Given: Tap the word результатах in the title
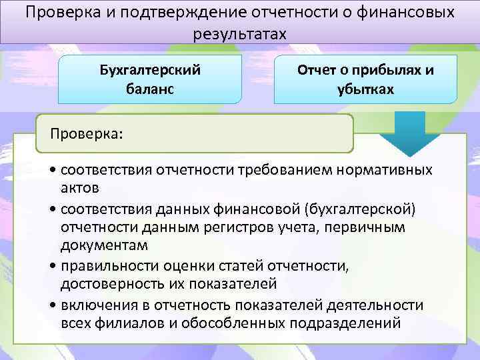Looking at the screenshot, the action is (x=239, y=34).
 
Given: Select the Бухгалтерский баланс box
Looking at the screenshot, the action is (x=150, y=79).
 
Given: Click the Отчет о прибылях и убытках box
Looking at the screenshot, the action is (x=365, y=79).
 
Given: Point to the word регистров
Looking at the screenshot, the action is (x=227, y=227).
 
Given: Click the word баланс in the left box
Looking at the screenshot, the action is (x=150, y=89).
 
